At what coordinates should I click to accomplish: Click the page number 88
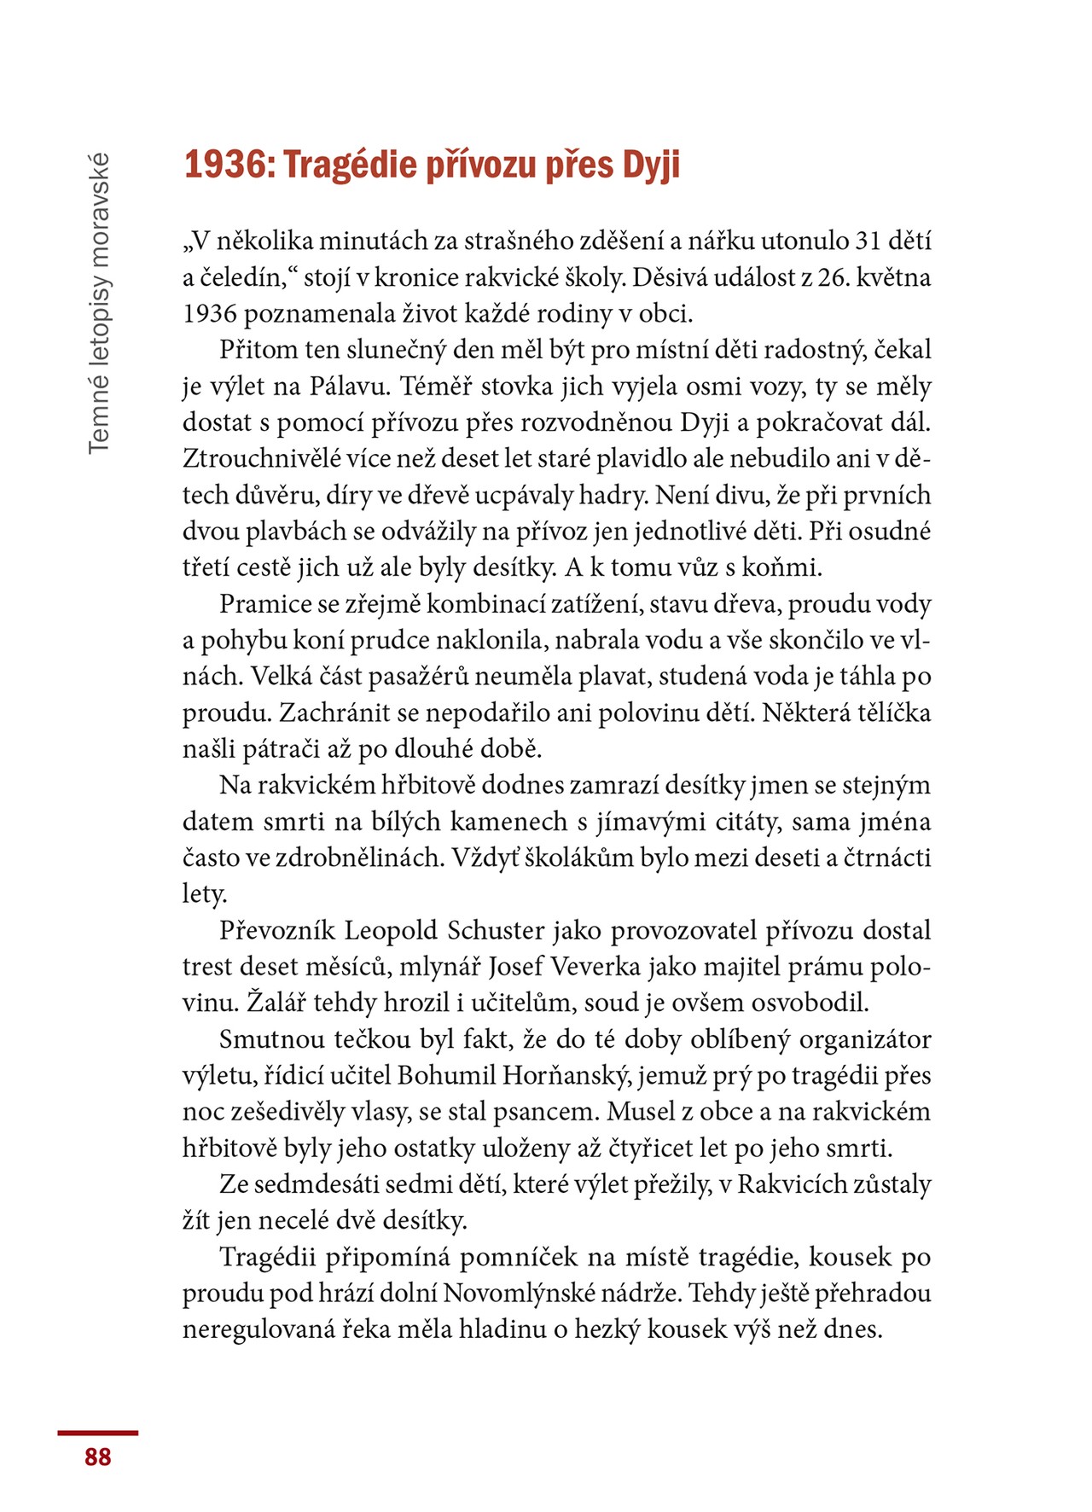[98, 1457]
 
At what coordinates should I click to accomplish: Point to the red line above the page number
[98, 1433]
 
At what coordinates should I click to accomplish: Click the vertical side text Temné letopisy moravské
[99, 303]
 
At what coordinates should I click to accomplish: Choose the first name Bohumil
[446, 1076]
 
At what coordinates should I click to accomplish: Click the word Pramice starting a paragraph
[265, 604]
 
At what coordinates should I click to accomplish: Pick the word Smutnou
[272, 1039]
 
